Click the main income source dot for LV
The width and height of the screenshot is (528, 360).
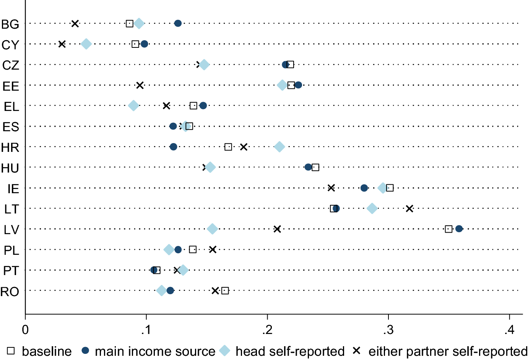click(459, 229)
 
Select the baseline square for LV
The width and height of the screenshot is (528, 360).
click(448, 229)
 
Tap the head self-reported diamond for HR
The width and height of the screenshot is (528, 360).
click(279, 147)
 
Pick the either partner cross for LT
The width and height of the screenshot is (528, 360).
click(409, 209)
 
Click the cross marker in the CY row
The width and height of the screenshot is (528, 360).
click(62, 44)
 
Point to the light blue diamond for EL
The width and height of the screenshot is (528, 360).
click(133, 106)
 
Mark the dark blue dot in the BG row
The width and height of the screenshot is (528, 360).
click(178, 23)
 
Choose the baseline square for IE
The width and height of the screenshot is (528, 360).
click(390, 188)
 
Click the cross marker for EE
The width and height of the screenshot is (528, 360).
click(140, 85)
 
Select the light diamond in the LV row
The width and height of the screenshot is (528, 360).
click(212, 229)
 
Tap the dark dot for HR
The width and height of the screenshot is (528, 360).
click(174, 147)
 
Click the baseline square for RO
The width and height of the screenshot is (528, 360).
click(225, 291)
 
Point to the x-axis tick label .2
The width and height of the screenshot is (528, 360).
click(267, 330)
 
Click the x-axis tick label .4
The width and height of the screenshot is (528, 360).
click(509, 330)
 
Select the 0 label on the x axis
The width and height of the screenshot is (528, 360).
click(25, 330)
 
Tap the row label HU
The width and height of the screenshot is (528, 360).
click(10, 168)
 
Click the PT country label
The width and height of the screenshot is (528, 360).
click(11, 271)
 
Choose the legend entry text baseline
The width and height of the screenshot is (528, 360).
click(47, 351)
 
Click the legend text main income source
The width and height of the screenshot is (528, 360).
click(155, 351)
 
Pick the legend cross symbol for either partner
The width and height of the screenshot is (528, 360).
click(357, 350)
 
